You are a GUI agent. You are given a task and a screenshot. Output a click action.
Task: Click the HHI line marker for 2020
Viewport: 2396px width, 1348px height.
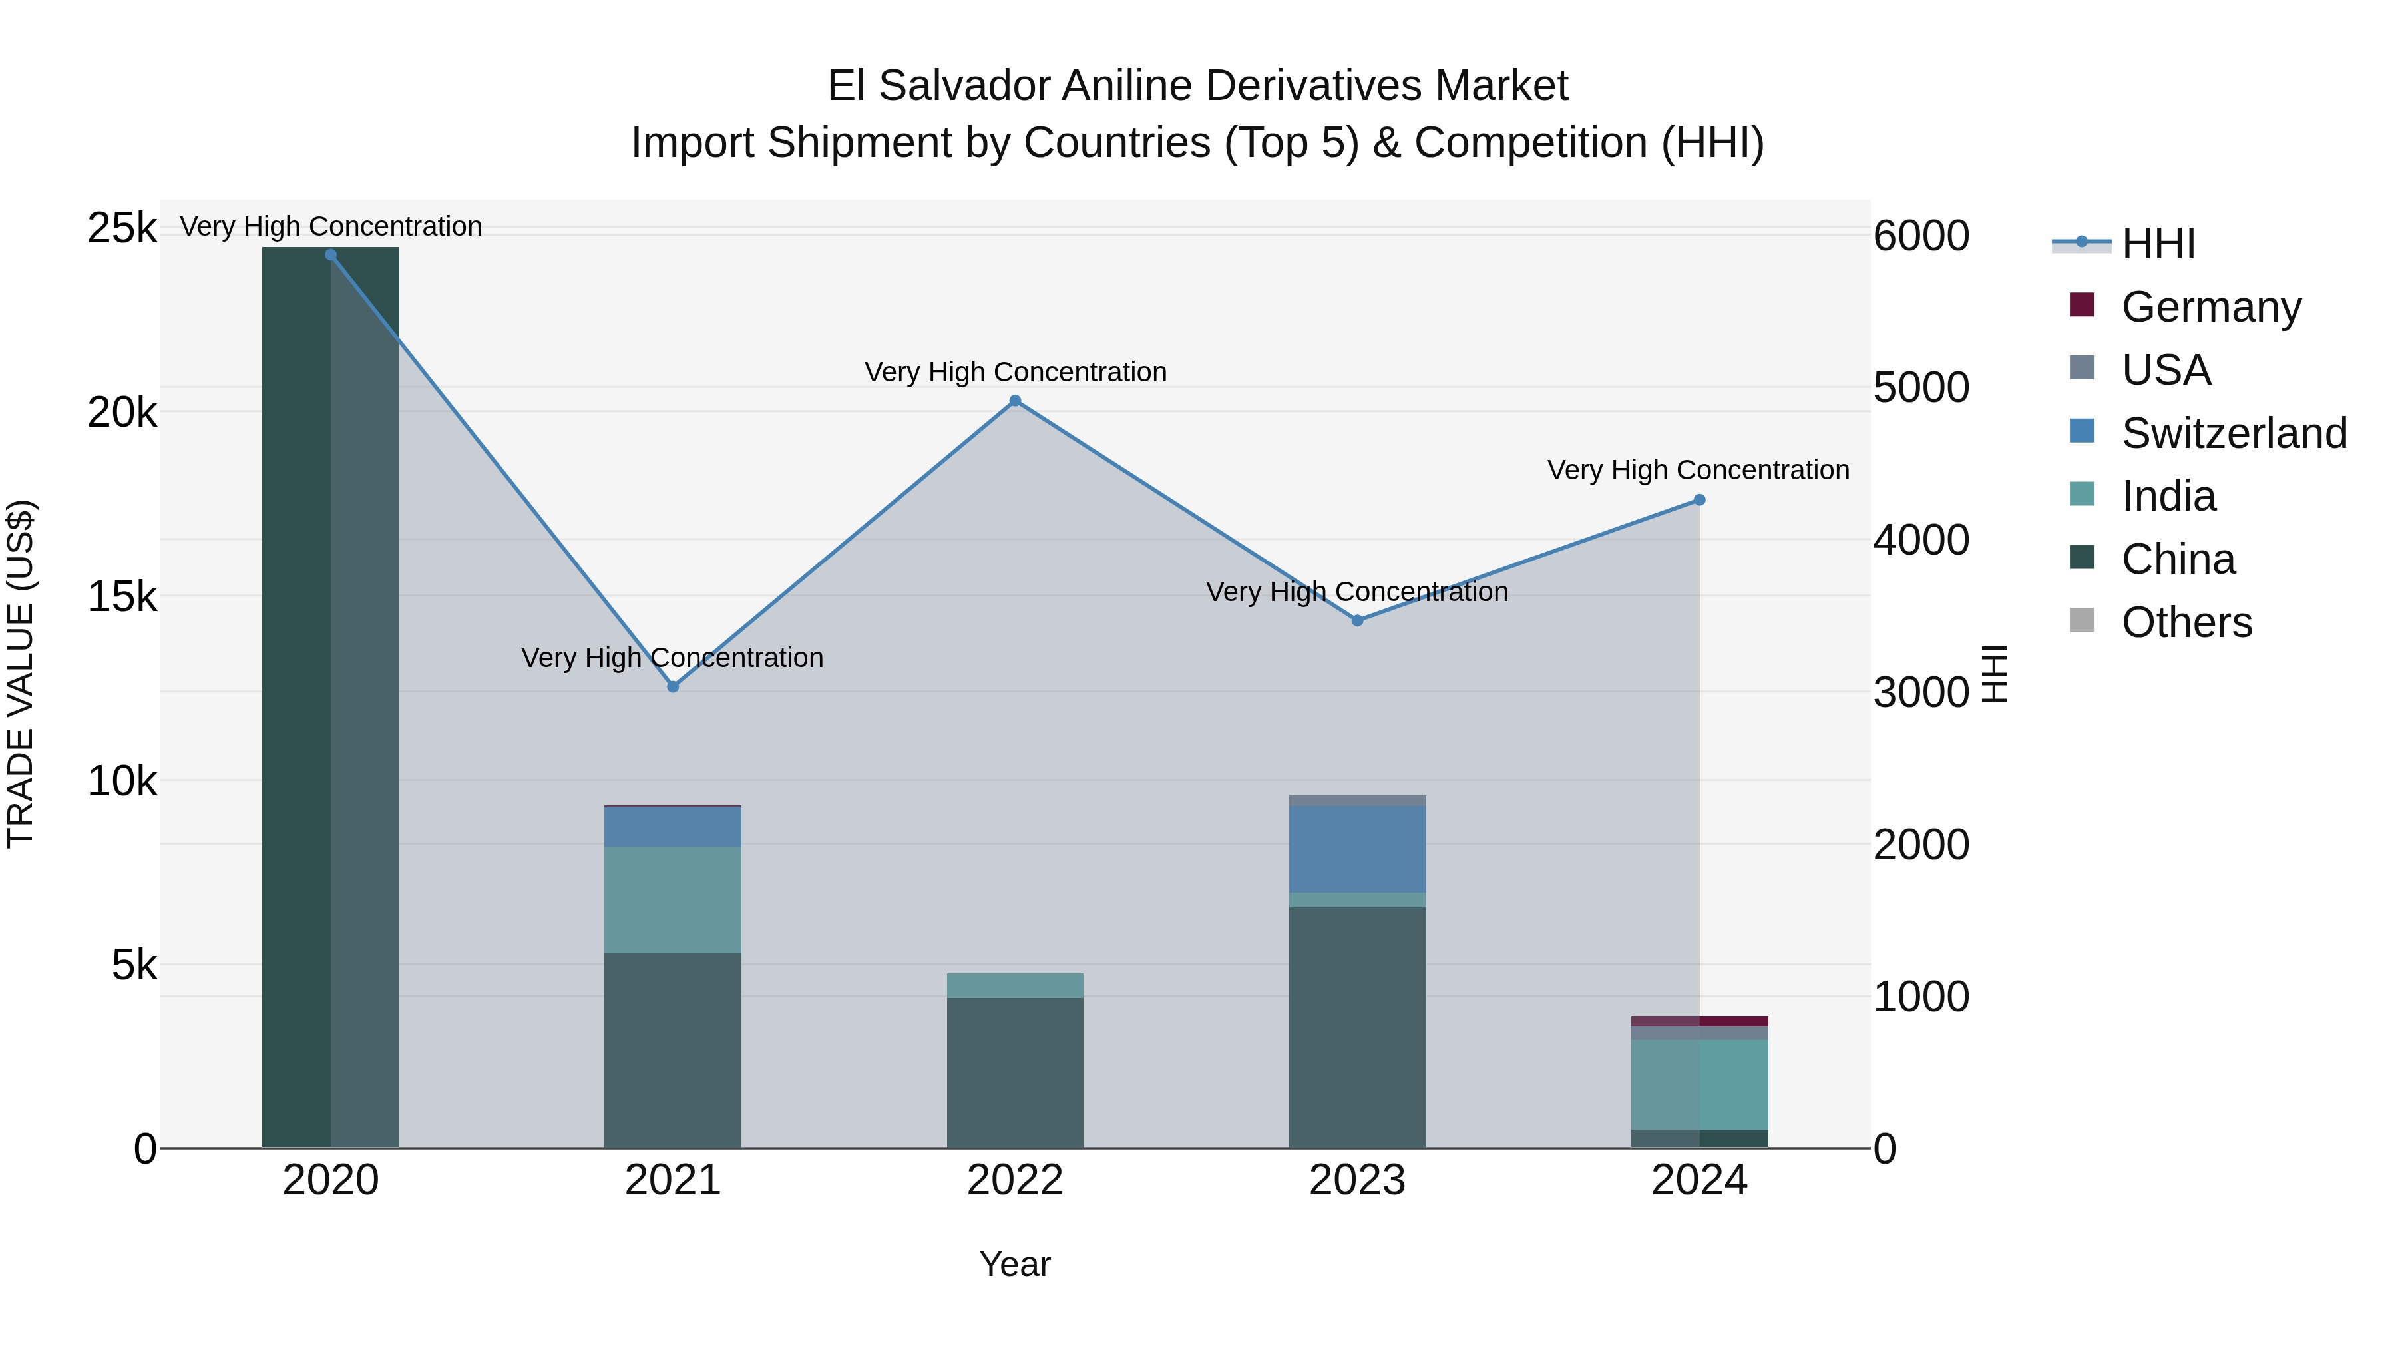pos(330,255)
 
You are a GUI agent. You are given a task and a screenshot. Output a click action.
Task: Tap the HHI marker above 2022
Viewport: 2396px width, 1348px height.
pos(1015,401)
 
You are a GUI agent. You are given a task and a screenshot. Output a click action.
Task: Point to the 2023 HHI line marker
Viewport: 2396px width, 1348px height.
pos(1357,620)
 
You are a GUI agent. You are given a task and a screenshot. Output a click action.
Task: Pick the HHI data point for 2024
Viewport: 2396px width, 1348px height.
pos(1699,499)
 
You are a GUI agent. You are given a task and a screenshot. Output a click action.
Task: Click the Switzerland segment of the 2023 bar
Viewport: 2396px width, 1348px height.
pos(1357,849)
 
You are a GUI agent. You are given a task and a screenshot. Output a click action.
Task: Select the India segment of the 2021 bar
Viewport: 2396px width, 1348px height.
pos(672,899)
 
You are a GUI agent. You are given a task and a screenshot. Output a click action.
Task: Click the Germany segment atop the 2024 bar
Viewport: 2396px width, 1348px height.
pos(1699,1021)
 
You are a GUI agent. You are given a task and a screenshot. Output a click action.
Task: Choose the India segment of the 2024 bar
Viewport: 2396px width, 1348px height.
pos(1699,1084)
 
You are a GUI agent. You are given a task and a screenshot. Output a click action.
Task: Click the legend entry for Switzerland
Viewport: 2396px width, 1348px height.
pos(2232,433)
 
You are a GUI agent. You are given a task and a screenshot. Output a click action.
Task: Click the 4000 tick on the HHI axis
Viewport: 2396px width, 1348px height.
pos(1921,541)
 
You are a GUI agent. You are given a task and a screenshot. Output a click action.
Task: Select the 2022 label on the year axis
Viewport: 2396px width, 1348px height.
pos(1015,1180)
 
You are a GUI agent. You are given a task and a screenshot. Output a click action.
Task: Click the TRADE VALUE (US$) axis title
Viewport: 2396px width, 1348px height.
pos(21,674)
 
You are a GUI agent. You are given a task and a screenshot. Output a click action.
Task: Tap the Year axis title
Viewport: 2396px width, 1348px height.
pos(1015,1264)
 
